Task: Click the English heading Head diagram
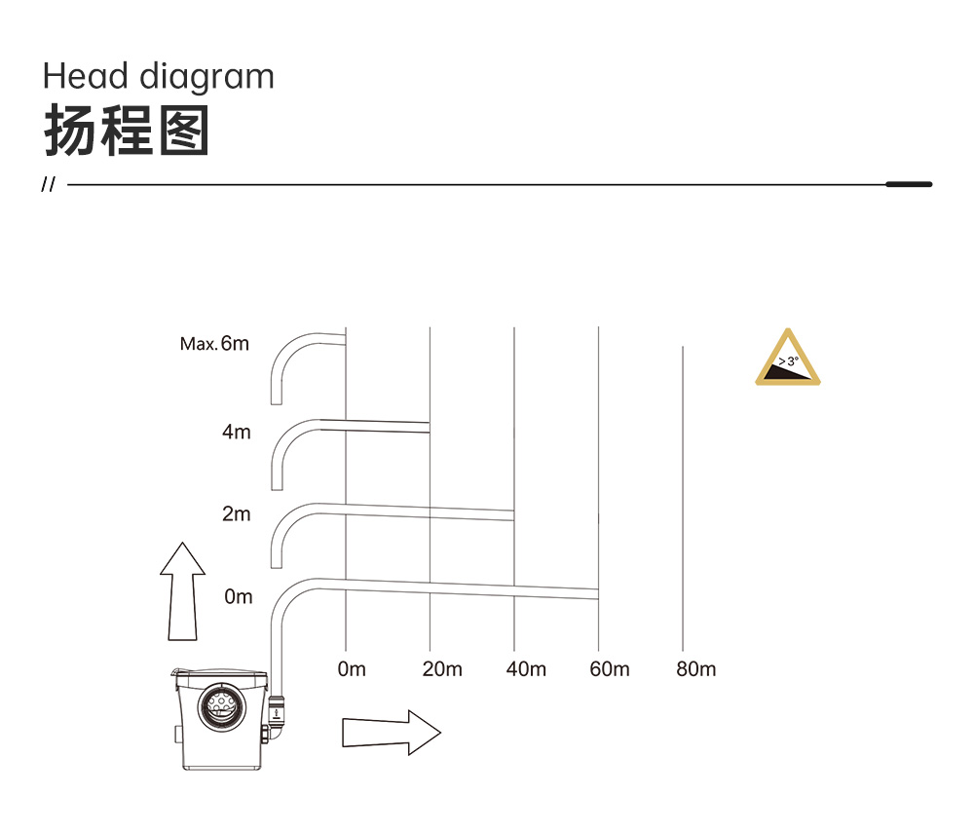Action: pos(159,77)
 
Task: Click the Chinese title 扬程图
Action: pos(127,131)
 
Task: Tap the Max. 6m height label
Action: pos(214,344)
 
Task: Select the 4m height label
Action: pos(237,432)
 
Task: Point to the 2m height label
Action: pos(237,513)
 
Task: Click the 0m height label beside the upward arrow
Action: pos(239,596)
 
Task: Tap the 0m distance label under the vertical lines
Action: pos(352,669)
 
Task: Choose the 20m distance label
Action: pos(442,669)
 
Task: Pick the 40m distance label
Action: pos(526,669)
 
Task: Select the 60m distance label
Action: pos(610,669)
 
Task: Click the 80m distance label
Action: pos(695,669)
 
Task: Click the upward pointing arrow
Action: pos(183,591)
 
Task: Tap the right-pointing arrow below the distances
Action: pos(392,733)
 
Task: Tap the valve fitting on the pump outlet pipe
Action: pos(276,710)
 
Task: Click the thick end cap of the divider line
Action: pos(909,184)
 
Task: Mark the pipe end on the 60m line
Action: pos(598,594)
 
